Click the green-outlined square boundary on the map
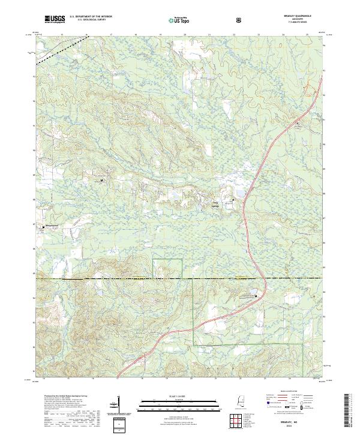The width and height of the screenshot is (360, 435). [x=167, y=269]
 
